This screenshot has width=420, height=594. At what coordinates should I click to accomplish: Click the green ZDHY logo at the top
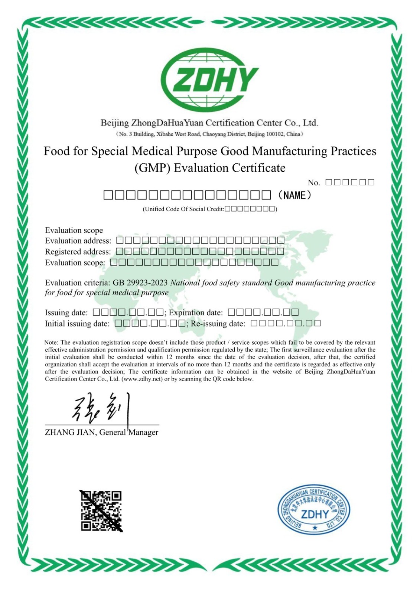pyautogui.click(x=210, y=80)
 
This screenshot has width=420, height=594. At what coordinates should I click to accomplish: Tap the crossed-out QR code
pyautogui.click(x=101, y=511)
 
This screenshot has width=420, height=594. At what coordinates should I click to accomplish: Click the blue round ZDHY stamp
pyautogui.click(x=314, y=509)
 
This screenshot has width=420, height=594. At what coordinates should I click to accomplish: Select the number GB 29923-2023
pyautogui.click(x=140, y=283)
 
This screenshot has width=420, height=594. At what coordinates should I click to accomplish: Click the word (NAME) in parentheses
pyautogui.click(x=294, y=195)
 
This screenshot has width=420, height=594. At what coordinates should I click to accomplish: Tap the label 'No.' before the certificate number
pyautogui.click(x=313, y=183)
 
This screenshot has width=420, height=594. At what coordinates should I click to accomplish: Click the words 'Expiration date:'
pyautogui.click(x=196, y=313)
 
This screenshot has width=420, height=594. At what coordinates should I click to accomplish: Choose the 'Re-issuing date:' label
pyautogui.click(x=218, y=324)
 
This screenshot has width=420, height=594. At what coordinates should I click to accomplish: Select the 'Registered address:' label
pyautogui.click(x=78, y=252)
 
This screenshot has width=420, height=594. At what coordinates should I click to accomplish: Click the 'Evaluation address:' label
pyautogui.click(x=78, y=241)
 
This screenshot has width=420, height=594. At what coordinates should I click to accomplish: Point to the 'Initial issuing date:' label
pyautogui.click(x=77, y=324)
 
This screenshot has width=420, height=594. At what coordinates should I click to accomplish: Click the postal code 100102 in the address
pyautogui.click(x=275, y=134)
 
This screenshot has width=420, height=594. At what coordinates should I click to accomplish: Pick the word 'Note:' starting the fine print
pyautogui.click(x=52, y=342)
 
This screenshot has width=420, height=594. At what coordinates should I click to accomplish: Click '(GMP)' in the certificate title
pyautogui.click(x=152, y=168)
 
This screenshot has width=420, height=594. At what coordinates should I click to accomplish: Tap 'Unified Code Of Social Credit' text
pyautogui.click(x=183, y=209)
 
